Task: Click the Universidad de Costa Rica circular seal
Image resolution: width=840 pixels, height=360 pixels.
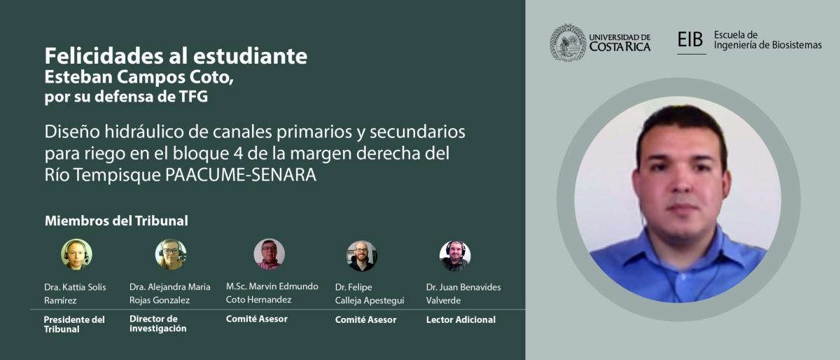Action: (x=568, y=43)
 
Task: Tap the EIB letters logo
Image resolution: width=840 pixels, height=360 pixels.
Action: (x=690, y=39)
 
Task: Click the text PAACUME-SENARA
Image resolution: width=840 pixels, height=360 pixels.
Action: (x=241, y=174)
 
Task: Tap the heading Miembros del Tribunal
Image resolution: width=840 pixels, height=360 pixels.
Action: (x=116, y=221)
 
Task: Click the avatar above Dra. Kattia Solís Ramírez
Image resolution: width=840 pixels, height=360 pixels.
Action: (x=76, y=254)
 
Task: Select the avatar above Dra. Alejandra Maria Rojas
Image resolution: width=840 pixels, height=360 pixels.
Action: (x=171, y=254)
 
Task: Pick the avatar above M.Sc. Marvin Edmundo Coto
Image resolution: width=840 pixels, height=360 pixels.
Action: (x=269, y=254)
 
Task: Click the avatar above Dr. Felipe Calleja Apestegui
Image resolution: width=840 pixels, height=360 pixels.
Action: (x=361, y=256)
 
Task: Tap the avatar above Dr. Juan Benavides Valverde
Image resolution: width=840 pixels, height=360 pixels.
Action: (x=455, y=256)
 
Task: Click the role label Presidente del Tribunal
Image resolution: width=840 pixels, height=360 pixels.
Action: (x=74, y=324)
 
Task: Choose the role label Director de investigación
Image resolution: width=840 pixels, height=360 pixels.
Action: (x=158, y=323)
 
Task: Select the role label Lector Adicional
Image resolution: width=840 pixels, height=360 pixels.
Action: (x=461, y=319)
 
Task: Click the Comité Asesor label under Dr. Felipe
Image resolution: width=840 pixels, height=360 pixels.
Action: (x=365, y=319)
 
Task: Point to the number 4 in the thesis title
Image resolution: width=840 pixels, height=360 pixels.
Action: (x=237, y=153)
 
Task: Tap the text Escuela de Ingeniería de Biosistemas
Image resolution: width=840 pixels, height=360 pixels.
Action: (x=768, y=40)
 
